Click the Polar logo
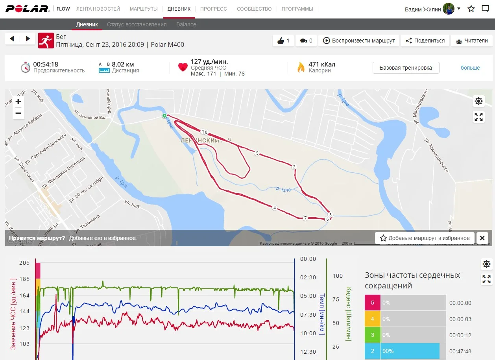point(27,9)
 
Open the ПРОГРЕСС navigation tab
point(213,9)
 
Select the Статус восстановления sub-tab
point(137,24)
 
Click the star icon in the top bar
point(471,9)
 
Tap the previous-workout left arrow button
point(12,39)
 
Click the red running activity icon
point(46,41)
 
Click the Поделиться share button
point(425,41)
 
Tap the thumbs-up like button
point(283,41)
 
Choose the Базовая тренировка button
point(406,68)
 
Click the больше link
point(470,68)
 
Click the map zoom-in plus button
point(18,102)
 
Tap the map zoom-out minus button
point(18,114)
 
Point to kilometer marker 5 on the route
point(257,153)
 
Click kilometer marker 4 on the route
point(274,208)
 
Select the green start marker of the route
point(164,116)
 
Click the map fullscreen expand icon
point(478,117)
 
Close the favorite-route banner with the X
point(482,238)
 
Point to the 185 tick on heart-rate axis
point(24,279)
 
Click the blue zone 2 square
point(372,351)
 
